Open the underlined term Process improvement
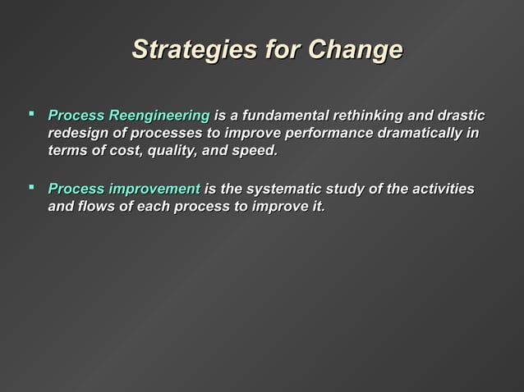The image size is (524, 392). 124,189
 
